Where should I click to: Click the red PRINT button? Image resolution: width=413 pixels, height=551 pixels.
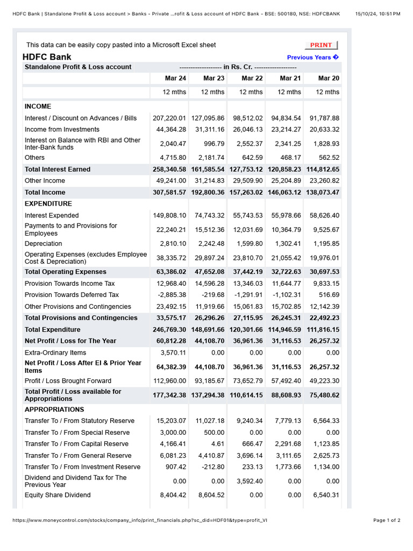coord(321,45)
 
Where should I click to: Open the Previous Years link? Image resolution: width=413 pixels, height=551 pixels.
coord(312,58)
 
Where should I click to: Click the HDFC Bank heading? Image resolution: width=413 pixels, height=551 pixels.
coord(47,57)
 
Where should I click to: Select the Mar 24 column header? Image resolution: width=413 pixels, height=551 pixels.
coord(175,79)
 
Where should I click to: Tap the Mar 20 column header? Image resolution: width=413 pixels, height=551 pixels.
coord(329,79)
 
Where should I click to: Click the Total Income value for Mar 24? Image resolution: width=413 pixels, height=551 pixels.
coord(169,193)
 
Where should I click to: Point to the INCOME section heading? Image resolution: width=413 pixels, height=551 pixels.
coord(38,107)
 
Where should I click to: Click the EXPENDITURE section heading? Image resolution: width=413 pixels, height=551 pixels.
coord(48,204)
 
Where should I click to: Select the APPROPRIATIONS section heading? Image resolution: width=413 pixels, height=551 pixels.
coord(54,409)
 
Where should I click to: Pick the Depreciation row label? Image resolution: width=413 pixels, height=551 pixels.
coord(44,244)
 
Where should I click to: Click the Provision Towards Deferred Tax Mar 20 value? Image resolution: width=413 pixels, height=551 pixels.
coord(329,295)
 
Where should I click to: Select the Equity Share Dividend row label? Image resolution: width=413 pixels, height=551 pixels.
coord(58,495)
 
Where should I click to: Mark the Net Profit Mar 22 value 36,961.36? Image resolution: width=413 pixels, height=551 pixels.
coord(248,341)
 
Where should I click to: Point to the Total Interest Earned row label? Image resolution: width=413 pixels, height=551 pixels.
coord(58,169)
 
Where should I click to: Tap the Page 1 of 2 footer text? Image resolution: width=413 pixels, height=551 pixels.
coord(387,520)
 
